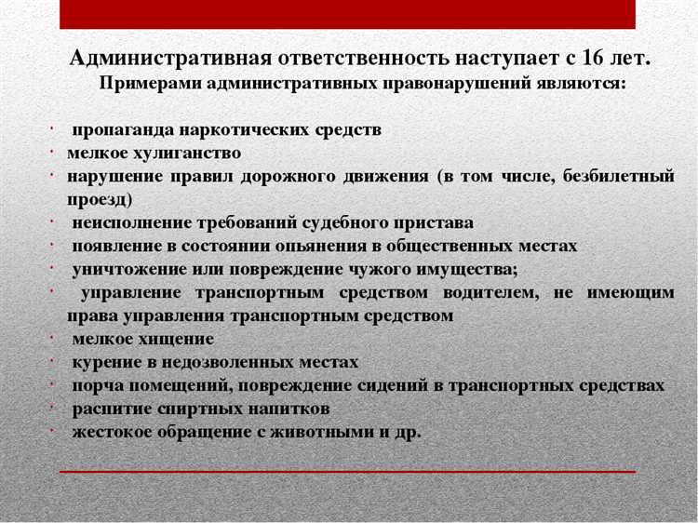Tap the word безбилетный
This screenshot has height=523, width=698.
point(619,176)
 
